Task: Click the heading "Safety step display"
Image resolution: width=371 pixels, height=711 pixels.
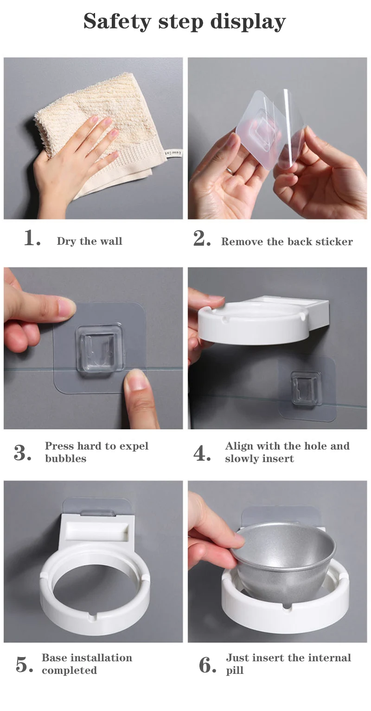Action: pyautogui.click(x=185, y=22)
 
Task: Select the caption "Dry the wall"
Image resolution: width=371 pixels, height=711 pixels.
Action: pyautogui.click(x=90, y=241)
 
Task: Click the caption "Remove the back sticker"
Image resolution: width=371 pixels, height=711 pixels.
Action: pyautogui.click(x=287, y=241)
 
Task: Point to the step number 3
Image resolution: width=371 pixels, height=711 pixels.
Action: pyautogui.click(x=23, y=453)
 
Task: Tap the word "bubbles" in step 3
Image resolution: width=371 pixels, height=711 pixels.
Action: pyautogui.click(x=66, y=458)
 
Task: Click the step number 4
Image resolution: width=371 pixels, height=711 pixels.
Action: pyautogui.click(x=202, y=453)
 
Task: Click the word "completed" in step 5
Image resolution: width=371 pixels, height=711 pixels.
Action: pyautogui.click(x=70, y=671)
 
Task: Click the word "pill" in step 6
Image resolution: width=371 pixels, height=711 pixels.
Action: pyautogui.click(x=235, y=671)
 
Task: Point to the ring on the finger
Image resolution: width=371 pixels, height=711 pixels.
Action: pyautogui.click(x=229, y=170)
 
